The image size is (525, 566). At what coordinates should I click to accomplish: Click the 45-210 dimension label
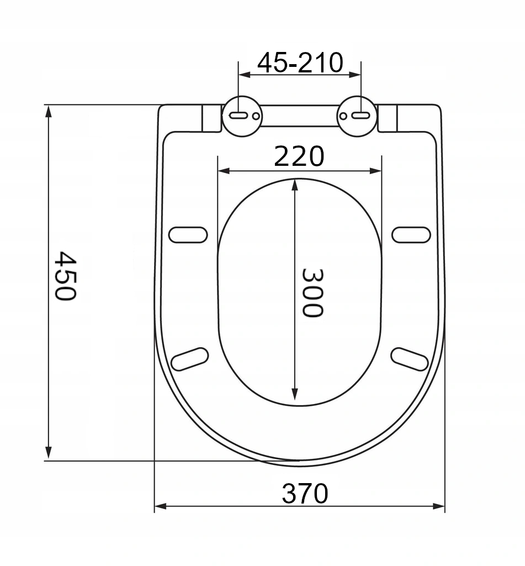(x=300, y=63)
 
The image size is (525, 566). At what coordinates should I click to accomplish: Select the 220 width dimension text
(x=299, y=156)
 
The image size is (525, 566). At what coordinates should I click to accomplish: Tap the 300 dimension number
(x=312, y=293)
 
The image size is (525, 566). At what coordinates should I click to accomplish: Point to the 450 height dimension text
(x=65, y=276)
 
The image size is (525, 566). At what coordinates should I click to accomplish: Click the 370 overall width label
(x=305, y=494)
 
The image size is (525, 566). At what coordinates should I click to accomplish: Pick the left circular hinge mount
(x=242, y=116)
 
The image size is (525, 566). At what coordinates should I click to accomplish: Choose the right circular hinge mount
(x=357, y=116)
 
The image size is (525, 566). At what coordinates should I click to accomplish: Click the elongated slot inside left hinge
(x=238, y=116)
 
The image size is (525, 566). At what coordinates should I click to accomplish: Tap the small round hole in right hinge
(x=343, y=116)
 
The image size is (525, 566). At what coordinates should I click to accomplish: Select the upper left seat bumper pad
(x=188, y=235)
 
